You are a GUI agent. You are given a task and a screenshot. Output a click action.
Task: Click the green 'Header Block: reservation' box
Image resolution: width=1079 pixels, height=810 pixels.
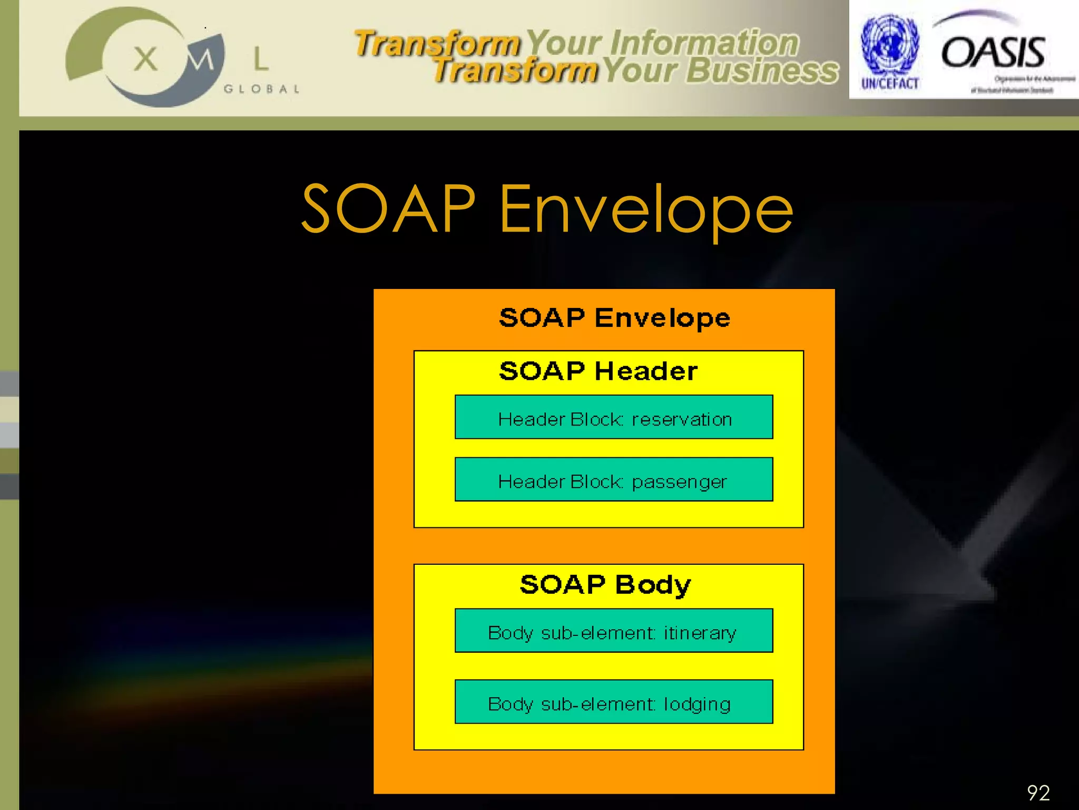(614, 417)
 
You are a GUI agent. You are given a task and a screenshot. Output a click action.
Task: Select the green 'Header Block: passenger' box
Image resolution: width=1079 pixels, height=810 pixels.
(614, 479)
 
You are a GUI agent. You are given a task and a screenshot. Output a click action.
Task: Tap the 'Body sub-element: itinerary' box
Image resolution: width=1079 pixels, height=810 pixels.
(614, 631)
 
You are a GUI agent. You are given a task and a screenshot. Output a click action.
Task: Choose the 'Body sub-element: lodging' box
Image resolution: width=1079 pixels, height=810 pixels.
(614, 702)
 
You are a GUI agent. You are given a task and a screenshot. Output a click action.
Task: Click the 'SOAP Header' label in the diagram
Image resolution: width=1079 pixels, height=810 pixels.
(598, 371)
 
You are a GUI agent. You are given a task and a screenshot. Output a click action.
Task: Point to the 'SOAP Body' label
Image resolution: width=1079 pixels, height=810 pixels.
(605, 585)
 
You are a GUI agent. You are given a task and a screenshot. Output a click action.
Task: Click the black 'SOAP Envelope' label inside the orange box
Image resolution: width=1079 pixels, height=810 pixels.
(614, 318)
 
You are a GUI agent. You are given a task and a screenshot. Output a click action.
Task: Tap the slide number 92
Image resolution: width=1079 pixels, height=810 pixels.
(1038, 793)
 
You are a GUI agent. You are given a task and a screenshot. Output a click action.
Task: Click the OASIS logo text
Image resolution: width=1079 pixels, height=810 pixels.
(993, 53)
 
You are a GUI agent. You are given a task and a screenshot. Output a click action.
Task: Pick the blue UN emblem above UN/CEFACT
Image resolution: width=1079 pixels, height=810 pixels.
(889, 44)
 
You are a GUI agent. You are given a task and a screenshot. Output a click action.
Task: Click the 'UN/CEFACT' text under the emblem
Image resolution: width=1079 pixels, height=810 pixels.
(890, 84)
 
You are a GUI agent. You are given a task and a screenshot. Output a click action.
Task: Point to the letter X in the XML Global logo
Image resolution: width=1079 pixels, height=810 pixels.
(145, 59)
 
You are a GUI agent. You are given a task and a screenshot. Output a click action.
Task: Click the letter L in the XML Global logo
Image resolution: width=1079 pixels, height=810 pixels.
(261, 59)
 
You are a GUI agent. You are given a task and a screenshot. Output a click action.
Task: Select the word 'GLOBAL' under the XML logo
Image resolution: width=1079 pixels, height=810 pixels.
(262, 89)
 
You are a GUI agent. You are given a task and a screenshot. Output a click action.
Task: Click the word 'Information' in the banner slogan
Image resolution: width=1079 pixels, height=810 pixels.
(704, 43)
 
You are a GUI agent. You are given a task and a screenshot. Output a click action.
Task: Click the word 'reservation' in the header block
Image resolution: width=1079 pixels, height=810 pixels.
(682, 420)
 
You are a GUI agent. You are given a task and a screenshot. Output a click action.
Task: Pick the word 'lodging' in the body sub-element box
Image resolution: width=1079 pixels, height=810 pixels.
(697, 705)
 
